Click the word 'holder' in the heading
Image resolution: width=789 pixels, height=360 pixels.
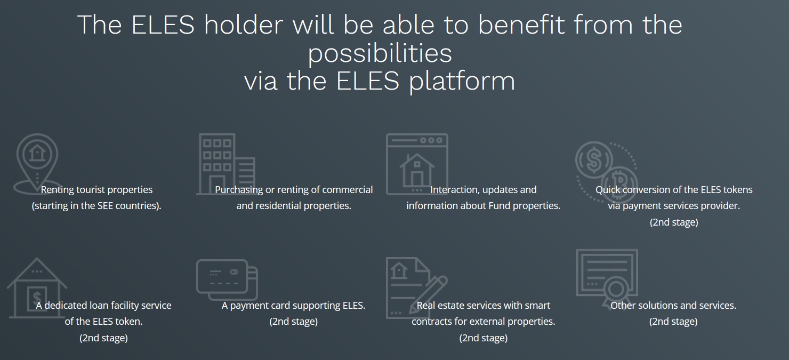[x=244, y=25]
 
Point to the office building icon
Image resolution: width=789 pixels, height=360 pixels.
[x=226, y=164]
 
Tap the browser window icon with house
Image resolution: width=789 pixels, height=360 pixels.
[x=417, y=164]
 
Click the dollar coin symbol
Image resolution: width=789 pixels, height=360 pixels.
[x=594, y=159]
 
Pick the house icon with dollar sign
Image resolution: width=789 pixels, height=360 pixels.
[x=37, y=288]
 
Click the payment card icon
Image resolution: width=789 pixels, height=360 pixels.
[x=227, y=280]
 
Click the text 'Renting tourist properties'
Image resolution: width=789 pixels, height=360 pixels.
[x=96, y=189]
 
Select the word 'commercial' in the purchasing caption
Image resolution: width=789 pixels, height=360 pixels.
[x=347, y=189]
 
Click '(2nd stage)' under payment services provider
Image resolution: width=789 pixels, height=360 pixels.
[x=674, y=222]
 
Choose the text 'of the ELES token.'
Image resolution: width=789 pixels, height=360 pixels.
[x=103, y=321]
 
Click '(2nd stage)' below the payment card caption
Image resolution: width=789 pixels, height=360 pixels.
[x=293, y=321]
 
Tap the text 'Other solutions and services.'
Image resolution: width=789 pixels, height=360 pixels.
[x=673, y=306]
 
